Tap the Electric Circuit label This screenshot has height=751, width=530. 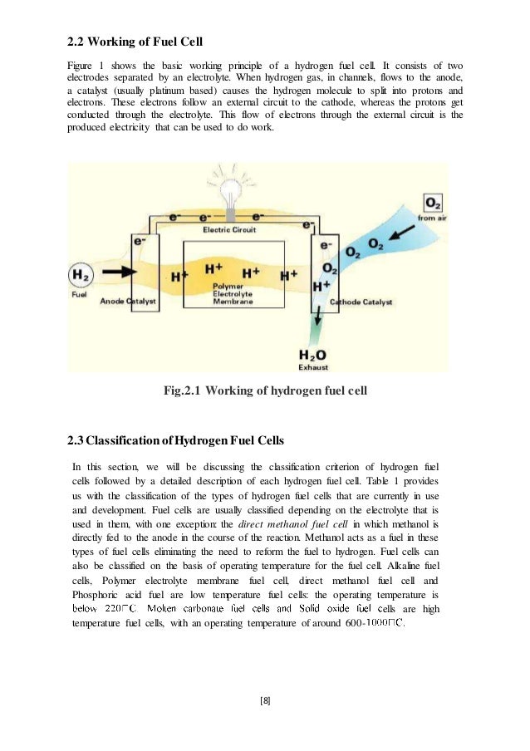coord(230,229)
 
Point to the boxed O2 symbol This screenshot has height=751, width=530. coord(434,204)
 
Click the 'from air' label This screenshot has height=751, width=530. coord(433,218)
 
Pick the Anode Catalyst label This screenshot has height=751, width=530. coord(128,302)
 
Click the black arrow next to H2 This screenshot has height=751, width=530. coord(114,271)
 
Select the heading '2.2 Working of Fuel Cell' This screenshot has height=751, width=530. coord(135,42)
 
